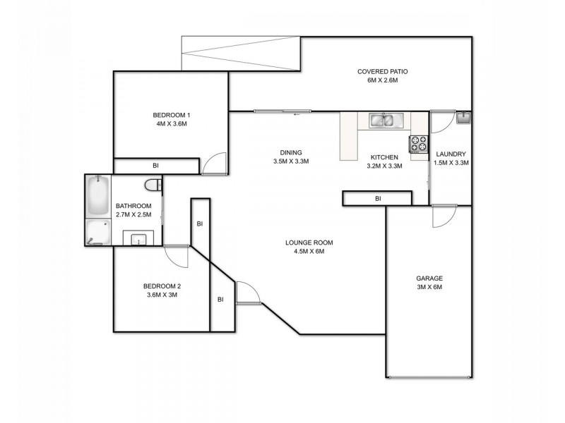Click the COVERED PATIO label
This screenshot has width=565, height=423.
click(x=383, y=71)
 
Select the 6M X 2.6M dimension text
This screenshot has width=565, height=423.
click(x=383, y=80)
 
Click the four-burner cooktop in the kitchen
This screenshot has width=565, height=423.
click(x=419, y=143)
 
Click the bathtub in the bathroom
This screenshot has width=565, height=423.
click(x=96, y=195)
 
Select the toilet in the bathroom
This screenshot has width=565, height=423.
click(x=151, y=185)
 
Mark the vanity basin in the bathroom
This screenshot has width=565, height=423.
click(x=138, y=238)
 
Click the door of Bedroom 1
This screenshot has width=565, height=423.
click(x=215, y=165)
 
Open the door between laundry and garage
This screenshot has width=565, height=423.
click(x=445, y=216)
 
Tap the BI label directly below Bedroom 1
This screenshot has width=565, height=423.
click(x=155, y=166)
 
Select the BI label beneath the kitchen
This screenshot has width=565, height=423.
click(x=378, y=199)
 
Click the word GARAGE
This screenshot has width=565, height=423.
click(x=429, y=278)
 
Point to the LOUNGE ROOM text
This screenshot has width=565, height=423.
click(x=309, y=243)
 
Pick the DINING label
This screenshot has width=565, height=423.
click(x=291, y=152)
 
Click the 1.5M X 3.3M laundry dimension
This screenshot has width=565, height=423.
click(x=452, y=163)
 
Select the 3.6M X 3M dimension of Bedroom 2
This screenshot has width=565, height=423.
click(x=160, y=295)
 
